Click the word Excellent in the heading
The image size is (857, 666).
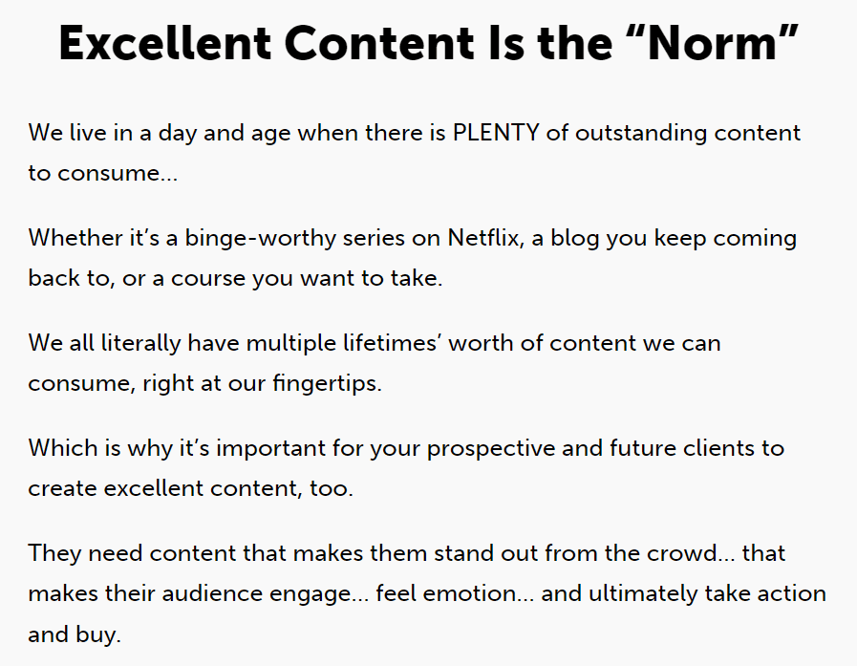(164, 43)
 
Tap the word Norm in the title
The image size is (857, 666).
(712, 43)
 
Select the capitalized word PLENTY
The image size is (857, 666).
(496, 133)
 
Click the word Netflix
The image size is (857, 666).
(483, 238)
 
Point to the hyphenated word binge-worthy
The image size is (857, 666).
(261, 239)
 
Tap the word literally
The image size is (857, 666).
(141, 344)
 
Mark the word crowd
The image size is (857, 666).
(683, 553)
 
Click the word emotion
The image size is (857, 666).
(469, 593)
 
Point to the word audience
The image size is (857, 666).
(212, 593)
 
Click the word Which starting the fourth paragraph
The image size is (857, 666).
(63, 448)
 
